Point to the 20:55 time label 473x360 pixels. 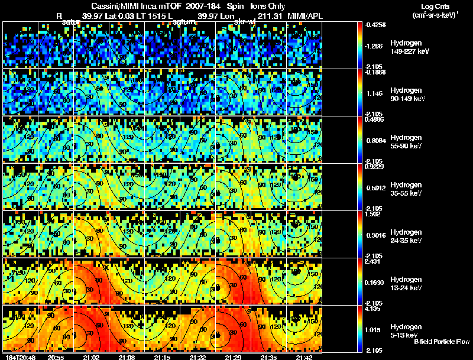coord(56,357)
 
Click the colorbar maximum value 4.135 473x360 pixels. coord(377,309)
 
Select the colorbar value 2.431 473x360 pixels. coord(377,261)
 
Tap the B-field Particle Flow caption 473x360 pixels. coord(441,342)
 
